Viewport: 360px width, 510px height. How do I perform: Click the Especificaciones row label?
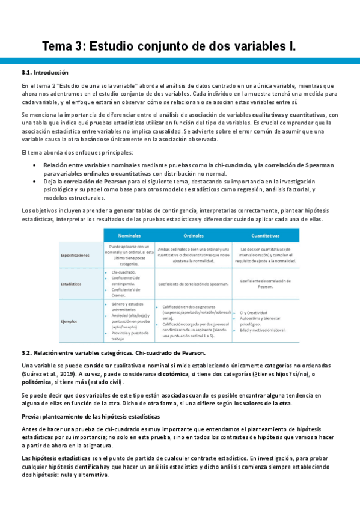pyautogui.click(x=75, y=255)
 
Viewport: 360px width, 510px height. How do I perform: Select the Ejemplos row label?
pyautogui.click(x=69, y=321)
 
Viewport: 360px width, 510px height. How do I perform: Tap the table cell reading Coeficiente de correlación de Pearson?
pyautogui.click(x=267, y=283)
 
